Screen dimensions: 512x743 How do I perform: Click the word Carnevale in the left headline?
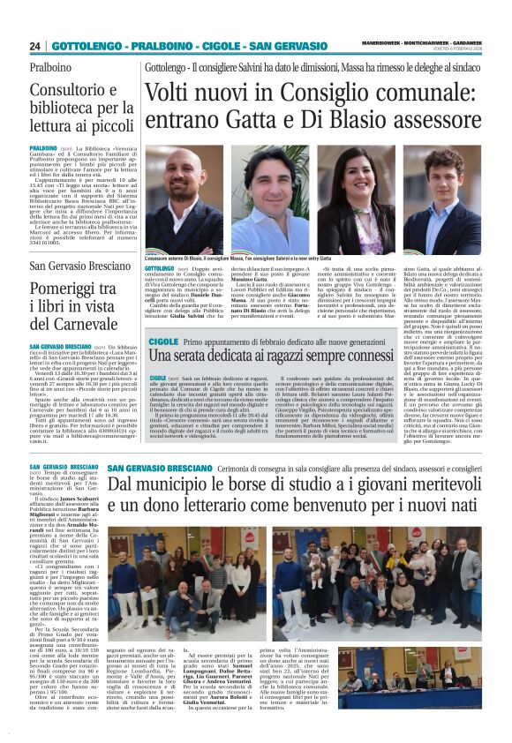click(x=68, y=324)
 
